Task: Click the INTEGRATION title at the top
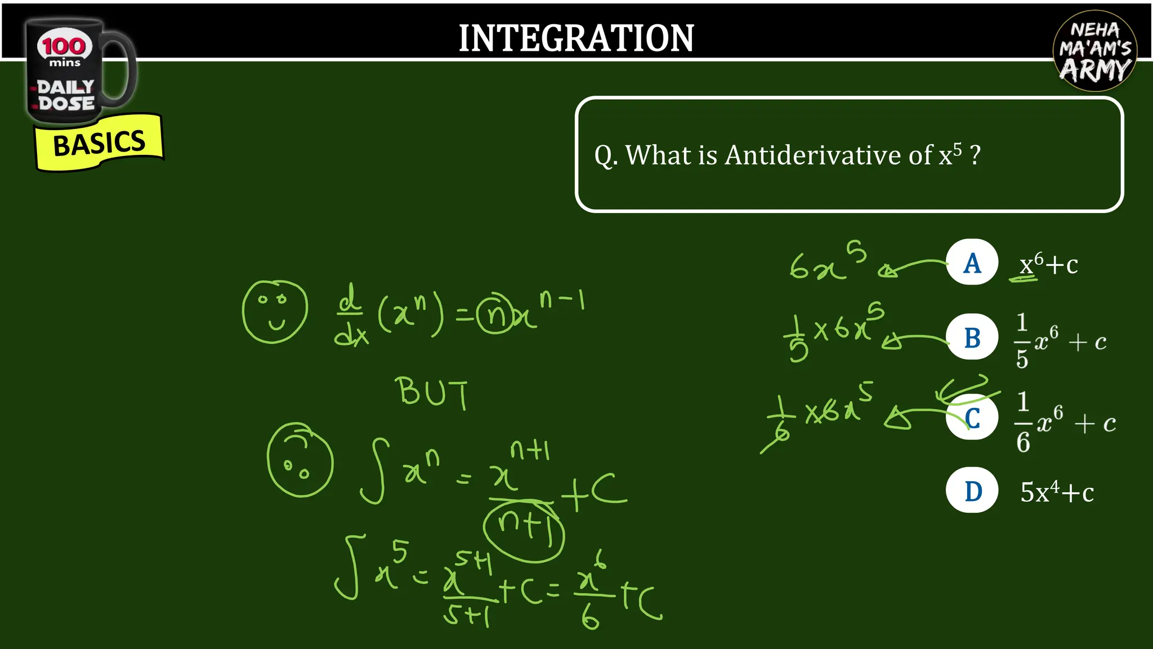pos(576,38)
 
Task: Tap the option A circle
pos(972,263)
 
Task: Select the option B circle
pos(972,337)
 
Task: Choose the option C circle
pos(972,418)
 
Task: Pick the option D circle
pos(972,491)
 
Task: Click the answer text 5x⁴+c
pos(1057,492)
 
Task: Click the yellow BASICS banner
pos(99,143)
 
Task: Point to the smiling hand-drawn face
pos(275,312)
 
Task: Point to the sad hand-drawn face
pos(300,460)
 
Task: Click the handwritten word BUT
pos(432,392)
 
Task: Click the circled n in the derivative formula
pos(495,314)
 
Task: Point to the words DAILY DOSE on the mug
pos(65,95)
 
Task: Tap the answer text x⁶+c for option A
pos(1048,264)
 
